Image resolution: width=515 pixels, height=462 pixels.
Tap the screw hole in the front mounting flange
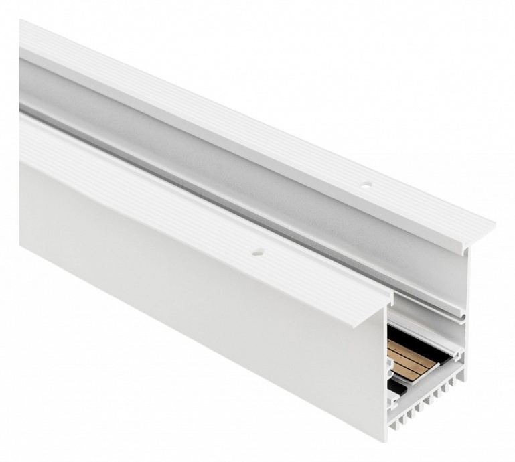click(256, 254)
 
